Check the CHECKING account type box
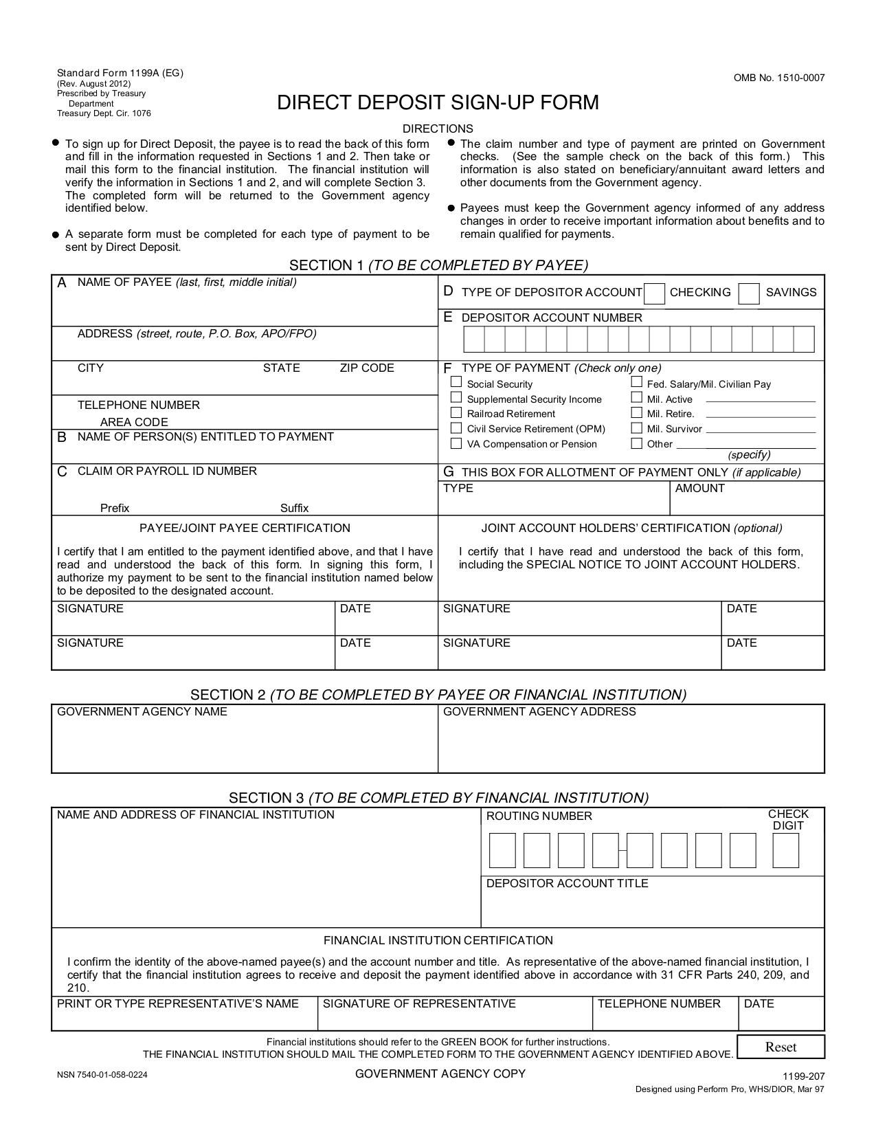(x=655, y=293)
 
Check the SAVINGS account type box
(x=749, y=293)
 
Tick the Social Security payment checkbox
(x=456, y=382)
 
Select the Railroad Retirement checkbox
(x=456, y=412)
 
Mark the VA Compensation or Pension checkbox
(x=456, y=443)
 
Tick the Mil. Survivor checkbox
(x=637, y=427)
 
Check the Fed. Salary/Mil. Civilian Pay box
(x=637, y=382)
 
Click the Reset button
(x=780, y=1047)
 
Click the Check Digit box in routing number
(x=785, y=850)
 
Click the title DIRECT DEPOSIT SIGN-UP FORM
(x=438, y=103)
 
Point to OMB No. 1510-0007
(x=779, y=78)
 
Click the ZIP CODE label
(x=367, y=368)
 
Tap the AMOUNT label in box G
(x=699, y=489)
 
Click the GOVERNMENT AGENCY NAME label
(x=142, y=712)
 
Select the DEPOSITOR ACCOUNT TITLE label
(x=567, y=884)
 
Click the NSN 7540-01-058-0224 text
(x=102, y=1075)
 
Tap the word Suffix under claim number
(x=294, y=509)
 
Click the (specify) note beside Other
(x=749, y=455)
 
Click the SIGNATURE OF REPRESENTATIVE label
(x=419, y=1004)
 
